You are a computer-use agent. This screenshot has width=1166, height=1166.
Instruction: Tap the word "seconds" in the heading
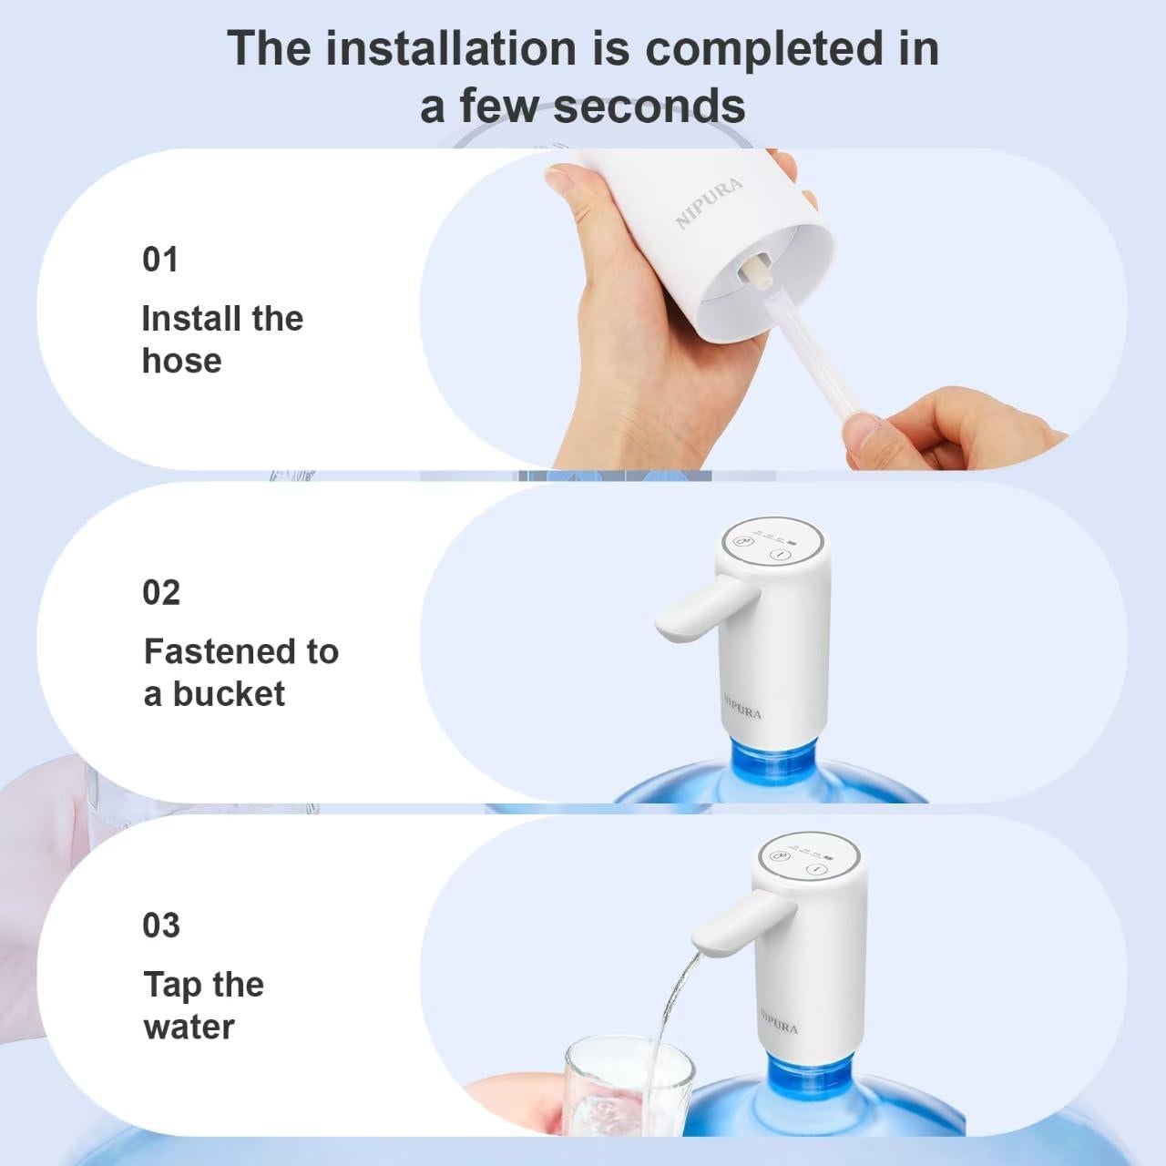(x=649, y=106)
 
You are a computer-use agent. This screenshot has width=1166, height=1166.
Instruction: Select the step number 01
(x=160, y=260)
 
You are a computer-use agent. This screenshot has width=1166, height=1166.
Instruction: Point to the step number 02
(x=161, y=593)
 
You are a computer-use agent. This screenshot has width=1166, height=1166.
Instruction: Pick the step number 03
(x=161, y=926)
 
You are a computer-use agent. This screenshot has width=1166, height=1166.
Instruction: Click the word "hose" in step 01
(x=182, y=361)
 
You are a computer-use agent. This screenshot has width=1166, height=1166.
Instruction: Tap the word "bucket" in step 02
(x=229, y=694)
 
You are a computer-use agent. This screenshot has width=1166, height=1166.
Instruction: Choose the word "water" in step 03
(x=189, y=1027)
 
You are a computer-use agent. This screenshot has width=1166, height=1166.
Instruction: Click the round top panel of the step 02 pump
(x=772, y=545)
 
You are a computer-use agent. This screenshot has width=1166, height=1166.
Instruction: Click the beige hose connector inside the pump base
(x=756, y=272)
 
